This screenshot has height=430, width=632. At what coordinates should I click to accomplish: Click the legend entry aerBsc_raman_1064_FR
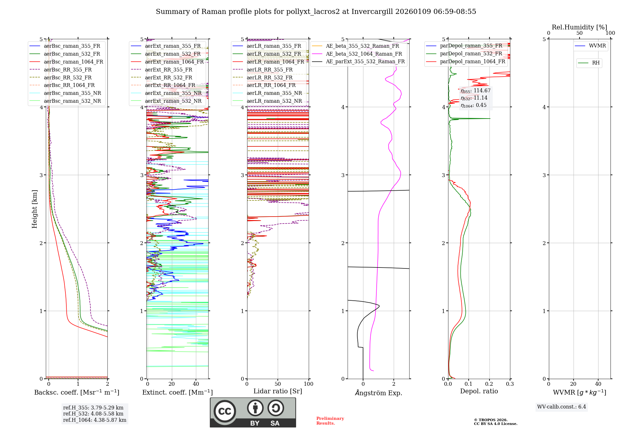tap(73, 62)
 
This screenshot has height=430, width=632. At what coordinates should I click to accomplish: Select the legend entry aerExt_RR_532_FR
tap(168, 78)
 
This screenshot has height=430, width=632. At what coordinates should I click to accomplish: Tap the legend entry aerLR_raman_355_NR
tap(274, 93)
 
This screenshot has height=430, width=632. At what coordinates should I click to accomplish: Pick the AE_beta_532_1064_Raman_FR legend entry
tap(364, 54)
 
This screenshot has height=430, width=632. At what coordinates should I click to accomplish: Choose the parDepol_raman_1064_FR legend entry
tap(472, 62)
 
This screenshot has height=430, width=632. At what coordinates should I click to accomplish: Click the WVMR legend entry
tap(597, 46)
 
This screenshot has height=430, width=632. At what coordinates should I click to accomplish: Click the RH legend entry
tap(596, 63)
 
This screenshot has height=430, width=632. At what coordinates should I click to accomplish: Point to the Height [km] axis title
tap(34, 209)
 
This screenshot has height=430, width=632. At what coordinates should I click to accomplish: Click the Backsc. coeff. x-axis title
tap(76, 392)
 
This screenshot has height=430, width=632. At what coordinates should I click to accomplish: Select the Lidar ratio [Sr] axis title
tap(277, 391)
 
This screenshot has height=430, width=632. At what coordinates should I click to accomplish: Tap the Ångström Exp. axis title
tap(378, 393)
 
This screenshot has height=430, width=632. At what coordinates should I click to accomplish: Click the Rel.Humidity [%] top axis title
tap(579, 27)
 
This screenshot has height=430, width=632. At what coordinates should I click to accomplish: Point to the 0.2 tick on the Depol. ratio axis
tap(489, 384)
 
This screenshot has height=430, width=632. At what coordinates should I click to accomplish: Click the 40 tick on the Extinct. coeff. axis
tap(196, 384)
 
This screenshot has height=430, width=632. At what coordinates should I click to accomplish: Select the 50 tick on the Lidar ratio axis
tap(277, 384)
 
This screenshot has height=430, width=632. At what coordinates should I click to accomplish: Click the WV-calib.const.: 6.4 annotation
tap(561, 407)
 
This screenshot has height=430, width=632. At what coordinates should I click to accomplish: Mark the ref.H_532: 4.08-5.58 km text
tap(93, 414)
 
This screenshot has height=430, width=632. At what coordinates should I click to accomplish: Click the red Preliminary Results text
tap(330, 421)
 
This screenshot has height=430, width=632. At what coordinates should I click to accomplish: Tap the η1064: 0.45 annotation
tap(473, 105)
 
